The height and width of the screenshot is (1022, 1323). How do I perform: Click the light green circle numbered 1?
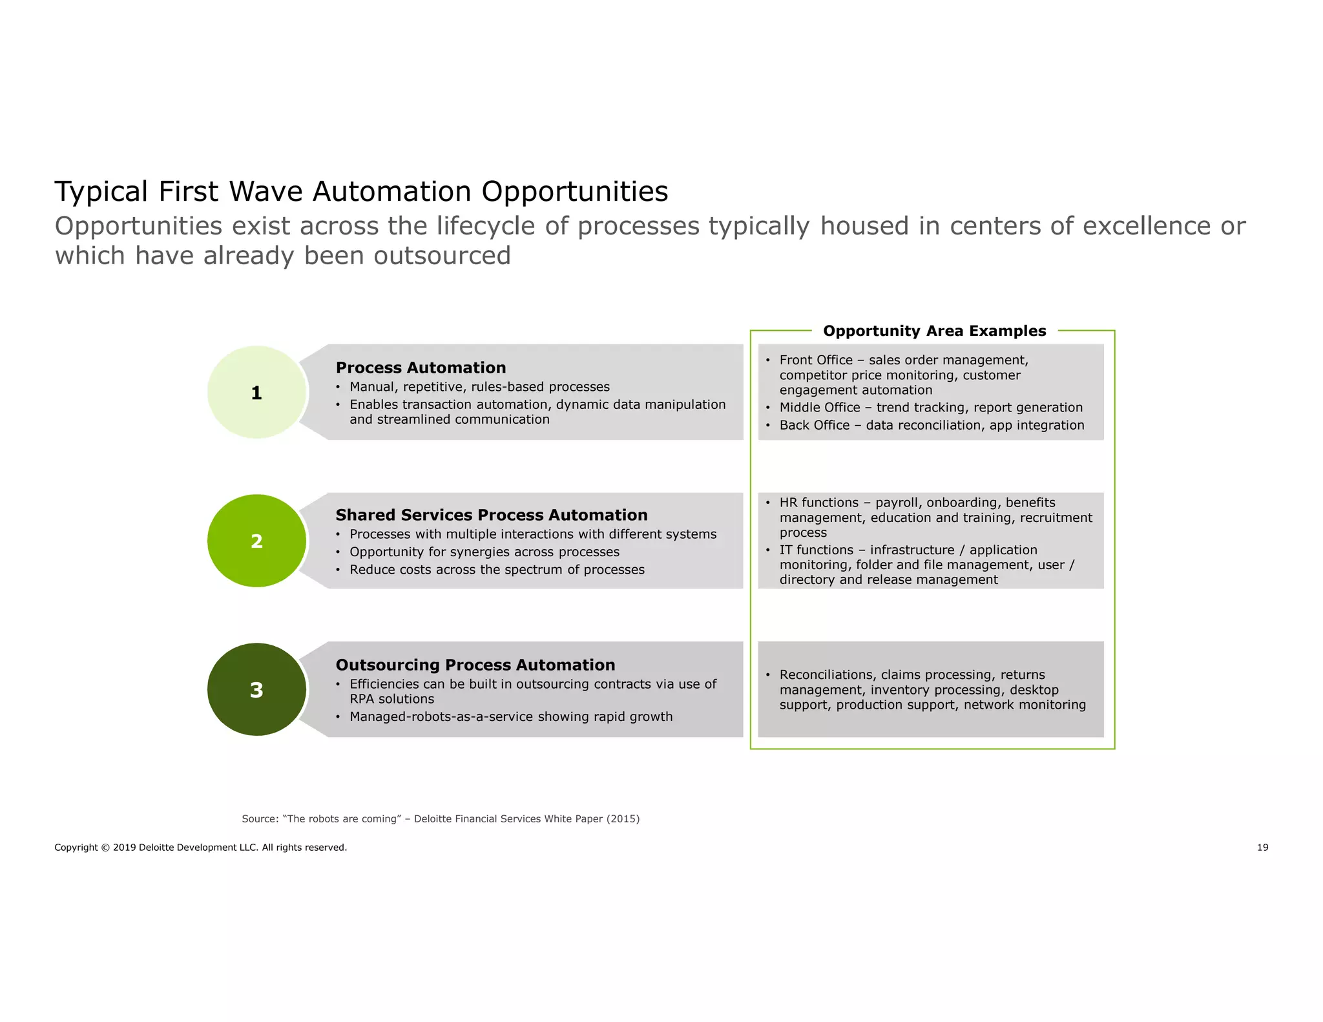pyautogui.click(x=256, y=392)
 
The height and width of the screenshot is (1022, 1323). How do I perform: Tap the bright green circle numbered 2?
pyautogui.click(x=256, y=541)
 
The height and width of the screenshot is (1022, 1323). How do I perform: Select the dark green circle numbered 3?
pyautogui.click(x=256, y=689)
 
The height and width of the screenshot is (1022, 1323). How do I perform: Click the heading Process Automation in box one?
pyautogui.click(x=421, y=368)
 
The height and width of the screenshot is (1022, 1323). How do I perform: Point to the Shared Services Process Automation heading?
pyautogui.click(x=491, y=515)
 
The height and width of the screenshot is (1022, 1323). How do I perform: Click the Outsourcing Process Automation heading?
pyautogui.click(x=475, y=665)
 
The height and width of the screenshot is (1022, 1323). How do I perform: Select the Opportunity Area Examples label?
pyautogui.click(x=934, y=331)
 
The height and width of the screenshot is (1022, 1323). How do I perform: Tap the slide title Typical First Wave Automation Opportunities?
pyautogui.click(x=361, y=191)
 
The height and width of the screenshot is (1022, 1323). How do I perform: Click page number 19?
pyautogui.click(x=1262, y=848)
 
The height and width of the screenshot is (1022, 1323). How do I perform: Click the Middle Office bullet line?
pyautogui.click(x=930, y=408)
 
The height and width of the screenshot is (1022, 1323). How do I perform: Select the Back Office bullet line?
pyautogui.click(x=931, y=425)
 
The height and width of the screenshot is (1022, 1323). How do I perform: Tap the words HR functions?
pyautogui.click(x=818, y=503)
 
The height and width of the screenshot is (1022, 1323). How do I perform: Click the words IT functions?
pyautogui.click(x=816, y=550)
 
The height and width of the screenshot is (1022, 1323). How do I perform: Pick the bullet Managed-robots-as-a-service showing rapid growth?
pyautogui.click(x=510, y=716)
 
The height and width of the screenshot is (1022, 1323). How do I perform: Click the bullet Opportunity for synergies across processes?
pyautogui.click(x=484, y=552)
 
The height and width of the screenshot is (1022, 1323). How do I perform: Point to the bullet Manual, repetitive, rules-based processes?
pyautogui.click(x=479, y=387)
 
